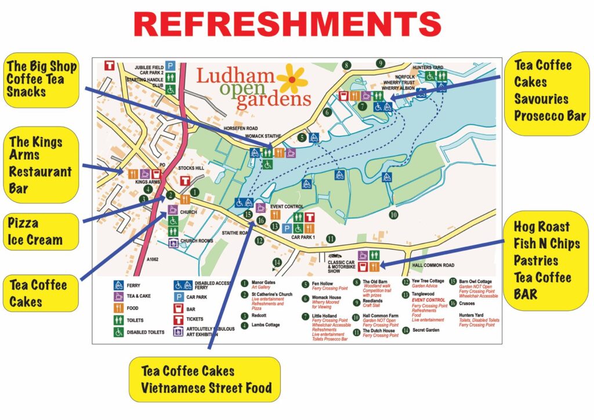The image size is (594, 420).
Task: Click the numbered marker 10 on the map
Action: pos(393,215)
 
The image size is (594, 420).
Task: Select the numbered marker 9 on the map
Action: pos(381,63)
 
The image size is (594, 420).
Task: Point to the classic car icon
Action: pos(334,256)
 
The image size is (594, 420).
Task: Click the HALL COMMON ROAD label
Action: pos(433,265)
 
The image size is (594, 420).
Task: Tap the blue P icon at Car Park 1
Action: pos(287,229)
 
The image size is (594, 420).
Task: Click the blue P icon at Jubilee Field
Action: pos(170,67)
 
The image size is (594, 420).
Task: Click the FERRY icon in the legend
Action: pos(118,285)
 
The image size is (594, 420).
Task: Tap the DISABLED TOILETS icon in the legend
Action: pos(118,332)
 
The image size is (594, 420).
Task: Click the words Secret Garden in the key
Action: pos(426,330)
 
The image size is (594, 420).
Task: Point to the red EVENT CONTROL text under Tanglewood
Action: pos(429,300)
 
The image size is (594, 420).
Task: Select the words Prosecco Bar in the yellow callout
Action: pos(549,115)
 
